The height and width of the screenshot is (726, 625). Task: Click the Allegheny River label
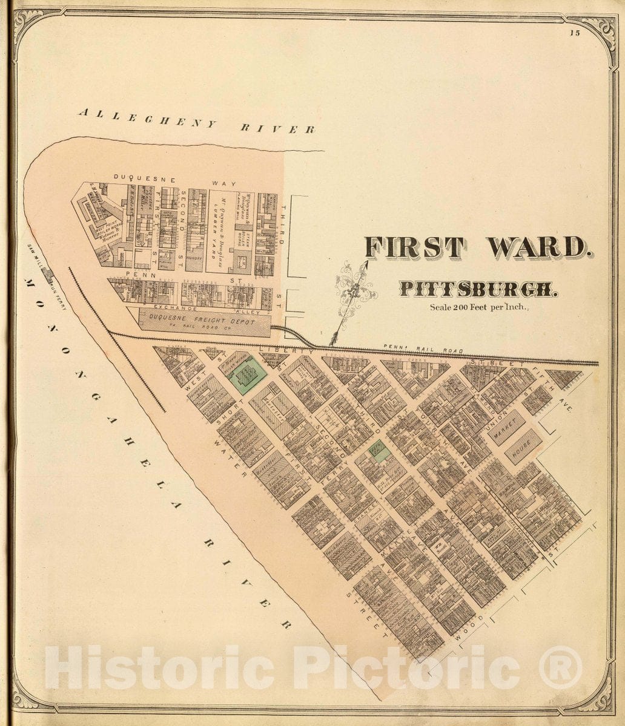[197, 120]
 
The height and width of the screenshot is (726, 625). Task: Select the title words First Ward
[475, 247]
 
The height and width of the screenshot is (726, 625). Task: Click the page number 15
[574, 33]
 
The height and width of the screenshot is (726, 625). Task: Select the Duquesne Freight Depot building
[204, 322]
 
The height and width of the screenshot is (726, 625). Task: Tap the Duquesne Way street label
[176, 180]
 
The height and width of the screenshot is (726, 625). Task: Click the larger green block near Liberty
[248, 376]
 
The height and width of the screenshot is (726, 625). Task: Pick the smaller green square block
[379, 451]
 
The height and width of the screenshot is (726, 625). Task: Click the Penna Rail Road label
[424, 350]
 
